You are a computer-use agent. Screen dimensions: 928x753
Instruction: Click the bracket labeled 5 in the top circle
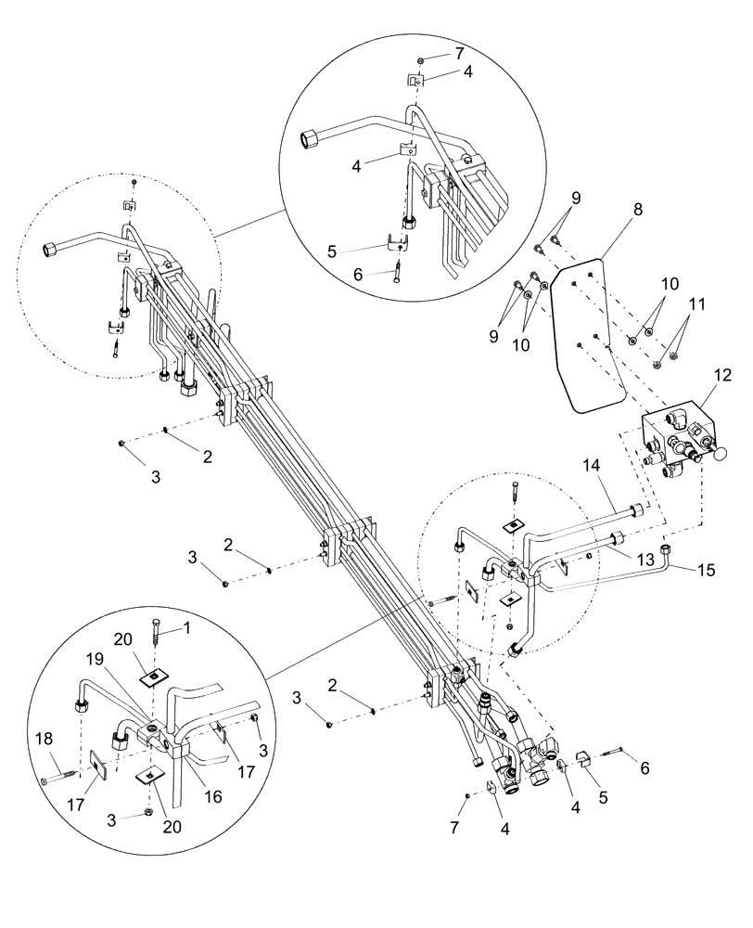[397, 244]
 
